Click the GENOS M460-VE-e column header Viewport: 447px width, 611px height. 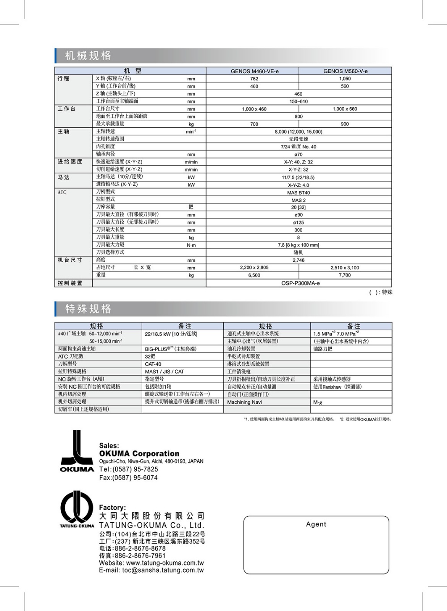[x=254, y=71]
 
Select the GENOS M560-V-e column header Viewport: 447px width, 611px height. [x=345, y=71]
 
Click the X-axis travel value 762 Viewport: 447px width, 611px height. [x=254, y=79]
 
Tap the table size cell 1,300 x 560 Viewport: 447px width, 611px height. [x=345, y=109]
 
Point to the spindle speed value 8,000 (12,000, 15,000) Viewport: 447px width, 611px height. [x=298, y=132]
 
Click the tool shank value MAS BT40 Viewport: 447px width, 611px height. [x=298, y=193]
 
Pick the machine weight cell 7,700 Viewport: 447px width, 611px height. [x=345, y=276]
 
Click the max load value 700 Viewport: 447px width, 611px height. [x=254, y=124]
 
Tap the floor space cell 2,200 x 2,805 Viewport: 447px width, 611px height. [x=254, y=268]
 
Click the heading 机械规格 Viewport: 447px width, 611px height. [x=88, y=56]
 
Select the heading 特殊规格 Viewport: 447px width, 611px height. [x=88, y=309]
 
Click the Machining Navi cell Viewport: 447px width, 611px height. [x=245, y=402]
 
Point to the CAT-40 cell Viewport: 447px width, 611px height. [x=153, y=364]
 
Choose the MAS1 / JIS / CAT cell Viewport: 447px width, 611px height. [x=164, y=372]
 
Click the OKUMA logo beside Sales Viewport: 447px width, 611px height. [x=77, y=451]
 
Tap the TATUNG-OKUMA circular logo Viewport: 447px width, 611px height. [x=77, y=509]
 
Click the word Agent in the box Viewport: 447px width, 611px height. [x=316, y=524]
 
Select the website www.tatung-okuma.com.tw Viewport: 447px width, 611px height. [x=165, y=563]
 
